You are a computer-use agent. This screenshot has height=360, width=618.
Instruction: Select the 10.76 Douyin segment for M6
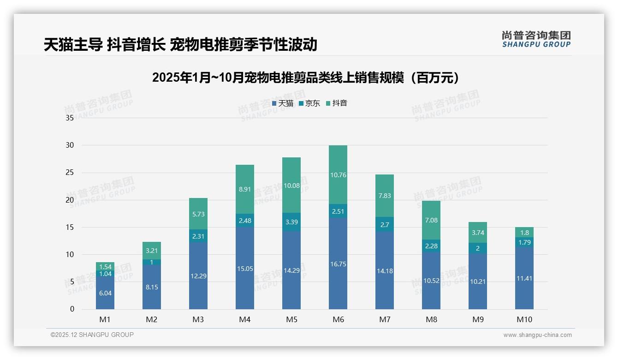pos(338,175)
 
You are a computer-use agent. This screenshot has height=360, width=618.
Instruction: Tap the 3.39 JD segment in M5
pos(291,222)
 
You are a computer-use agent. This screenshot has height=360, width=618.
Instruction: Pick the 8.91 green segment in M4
pos(245,189)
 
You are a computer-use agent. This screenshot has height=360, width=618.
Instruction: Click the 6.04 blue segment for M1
pos(105,293)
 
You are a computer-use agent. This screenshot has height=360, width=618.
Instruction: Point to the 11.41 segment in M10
pos(524,278)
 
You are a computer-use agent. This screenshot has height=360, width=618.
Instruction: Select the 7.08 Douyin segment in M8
pos(431,220)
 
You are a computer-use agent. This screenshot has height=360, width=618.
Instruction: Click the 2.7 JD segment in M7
pos(385,224)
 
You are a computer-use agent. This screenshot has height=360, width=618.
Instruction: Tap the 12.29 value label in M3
pos(198,276)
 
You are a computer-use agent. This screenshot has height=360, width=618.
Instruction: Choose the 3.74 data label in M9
pos(478,233)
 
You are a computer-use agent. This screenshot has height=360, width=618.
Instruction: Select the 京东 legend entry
pos(309,103)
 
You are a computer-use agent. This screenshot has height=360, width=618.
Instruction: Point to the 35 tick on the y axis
pos(70,118)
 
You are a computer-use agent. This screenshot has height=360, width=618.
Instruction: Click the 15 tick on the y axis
pos(70,227)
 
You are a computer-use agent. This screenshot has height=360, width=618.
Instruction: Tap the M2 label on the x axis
pos(152,319)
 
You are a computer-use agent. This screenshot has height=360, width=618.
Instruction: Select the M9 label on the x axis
pos(478,319)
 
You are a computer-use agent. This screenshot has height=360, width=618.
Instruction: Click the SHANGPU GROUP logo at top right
pos(536,39)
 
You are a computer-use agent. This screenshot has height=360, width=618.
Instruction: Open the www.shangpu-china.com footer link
pos(537,335)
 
